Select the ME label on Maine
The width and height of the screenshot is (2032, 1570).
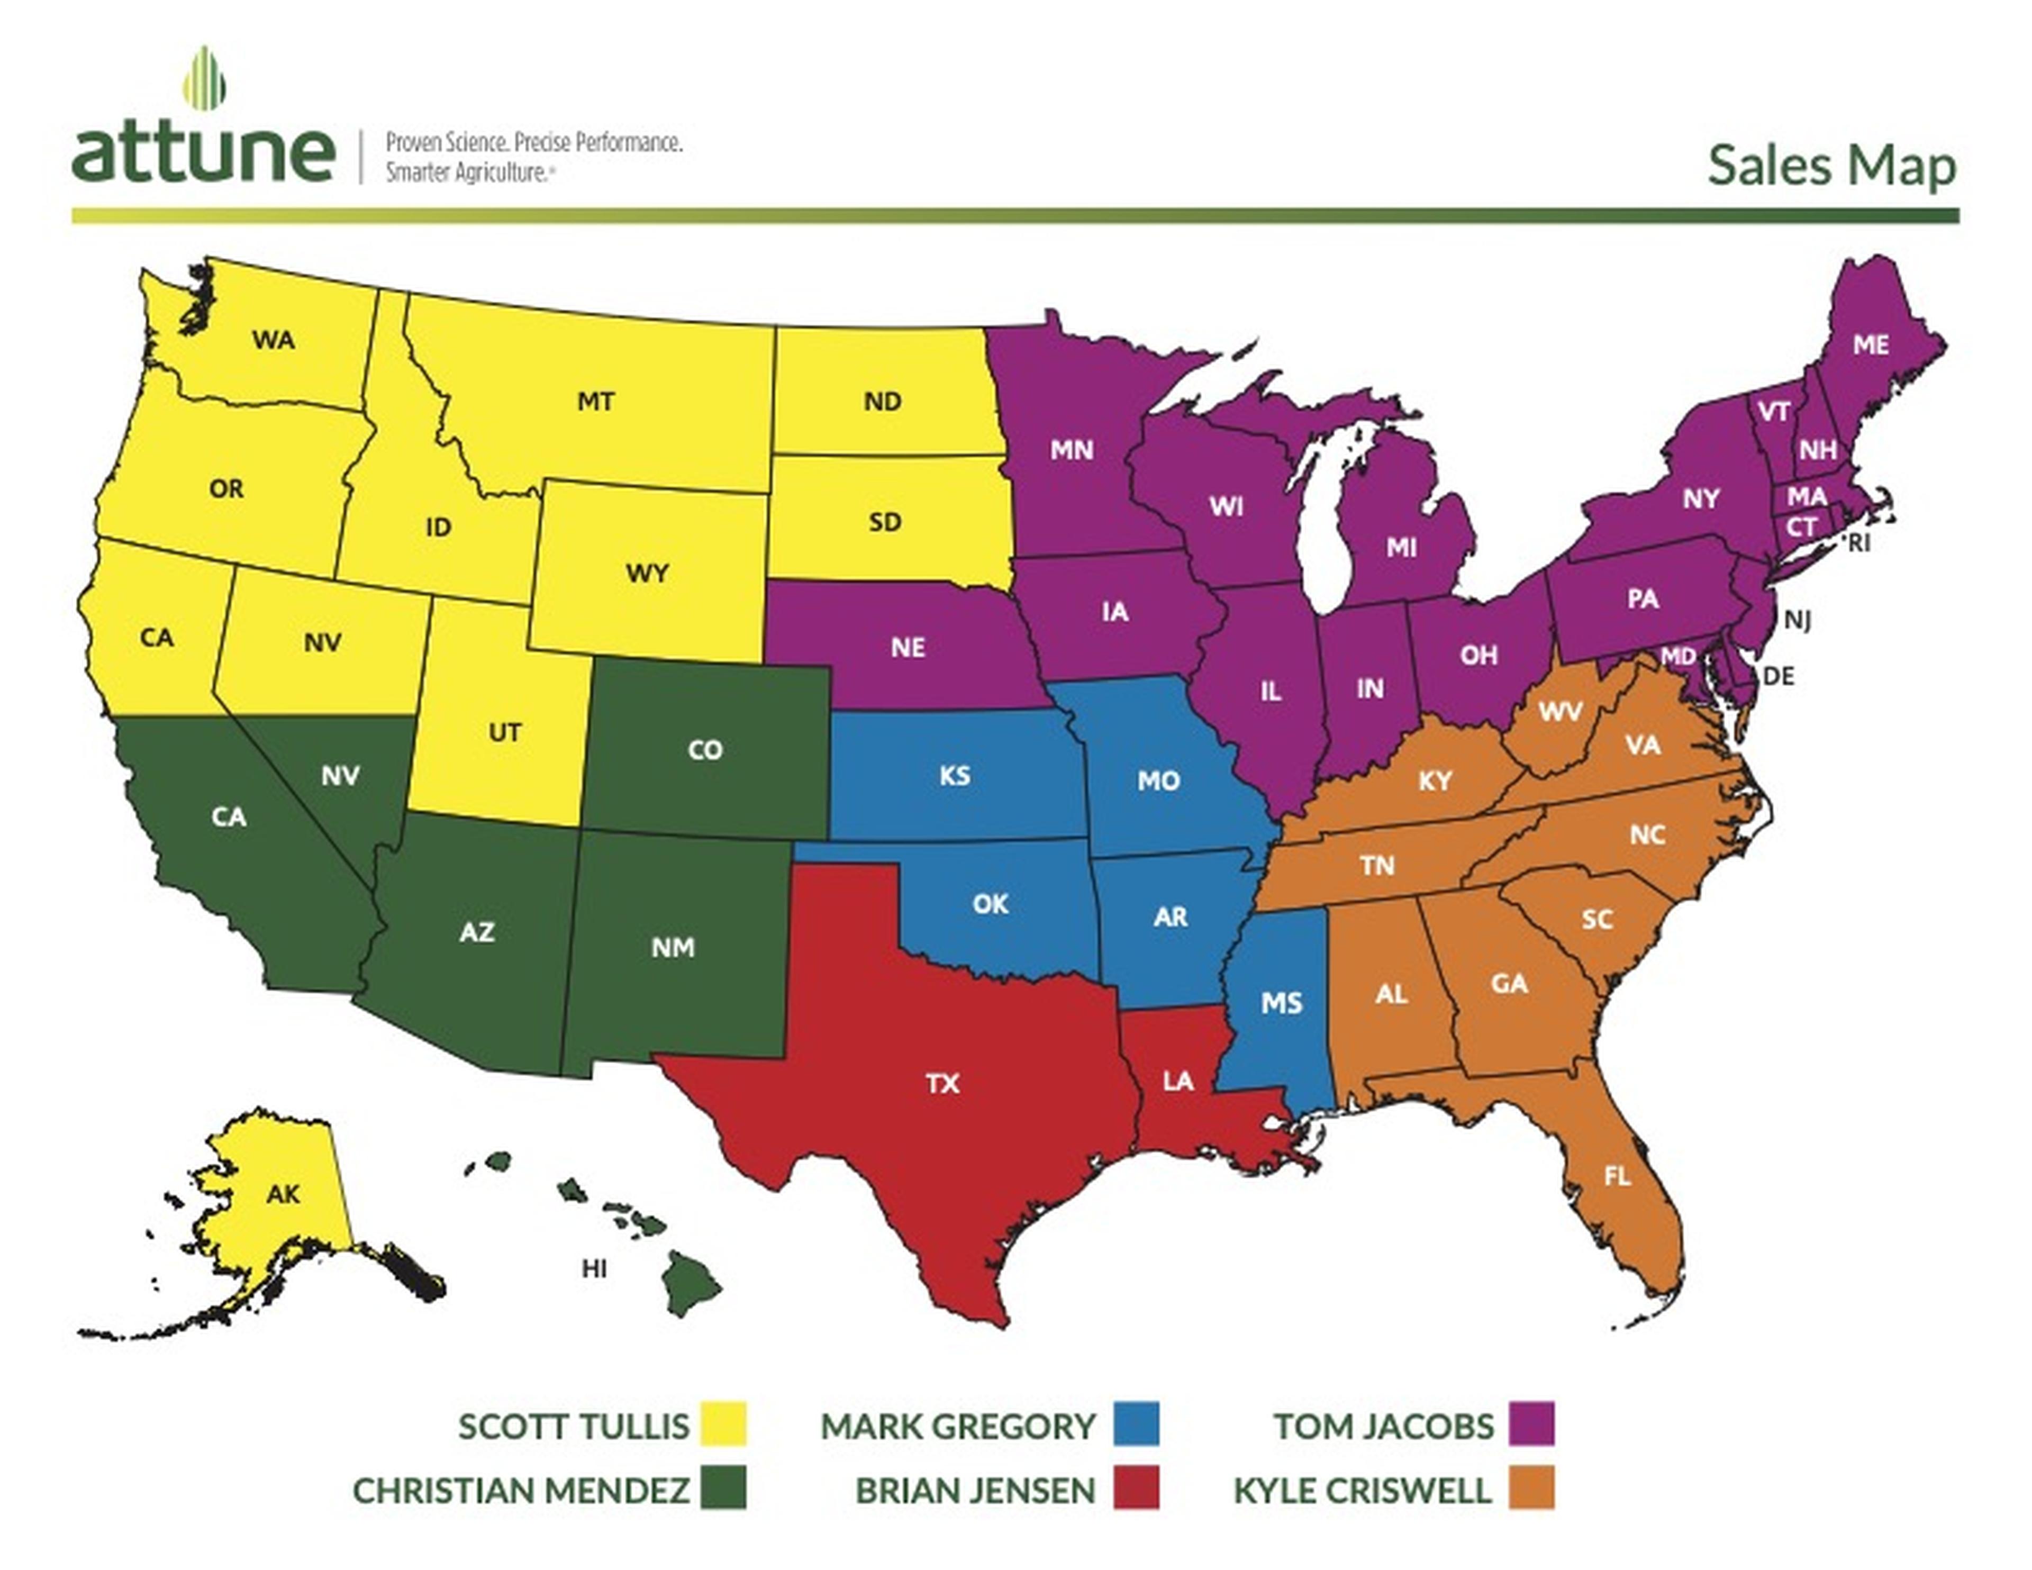pyautogui.click(x=1870, y=345)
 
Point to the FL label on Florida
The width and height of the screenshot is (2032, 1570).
pyautogui.click(x=1617, y=1176)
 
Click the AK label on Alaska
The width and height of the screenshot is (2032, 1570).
pyautogui.click(x=283, y=1194)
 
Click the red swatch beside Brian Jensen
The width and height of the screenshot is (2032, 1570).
pyautogui.click(x=1136, y=1489)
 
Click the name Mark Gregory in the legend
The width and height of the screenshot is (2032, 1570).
pyautogui.click(x=957, y=1426)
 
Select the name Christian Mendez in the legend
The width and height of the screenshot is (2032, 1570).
pyautogui.click(x=521, y=1490)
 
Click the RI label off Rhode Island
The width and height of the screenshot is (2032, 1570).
pyautogui.click(x=1858, y=543)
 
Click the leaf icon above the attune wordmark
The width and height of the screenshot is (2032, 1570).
pyautogui.click(x=204, y=78)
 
